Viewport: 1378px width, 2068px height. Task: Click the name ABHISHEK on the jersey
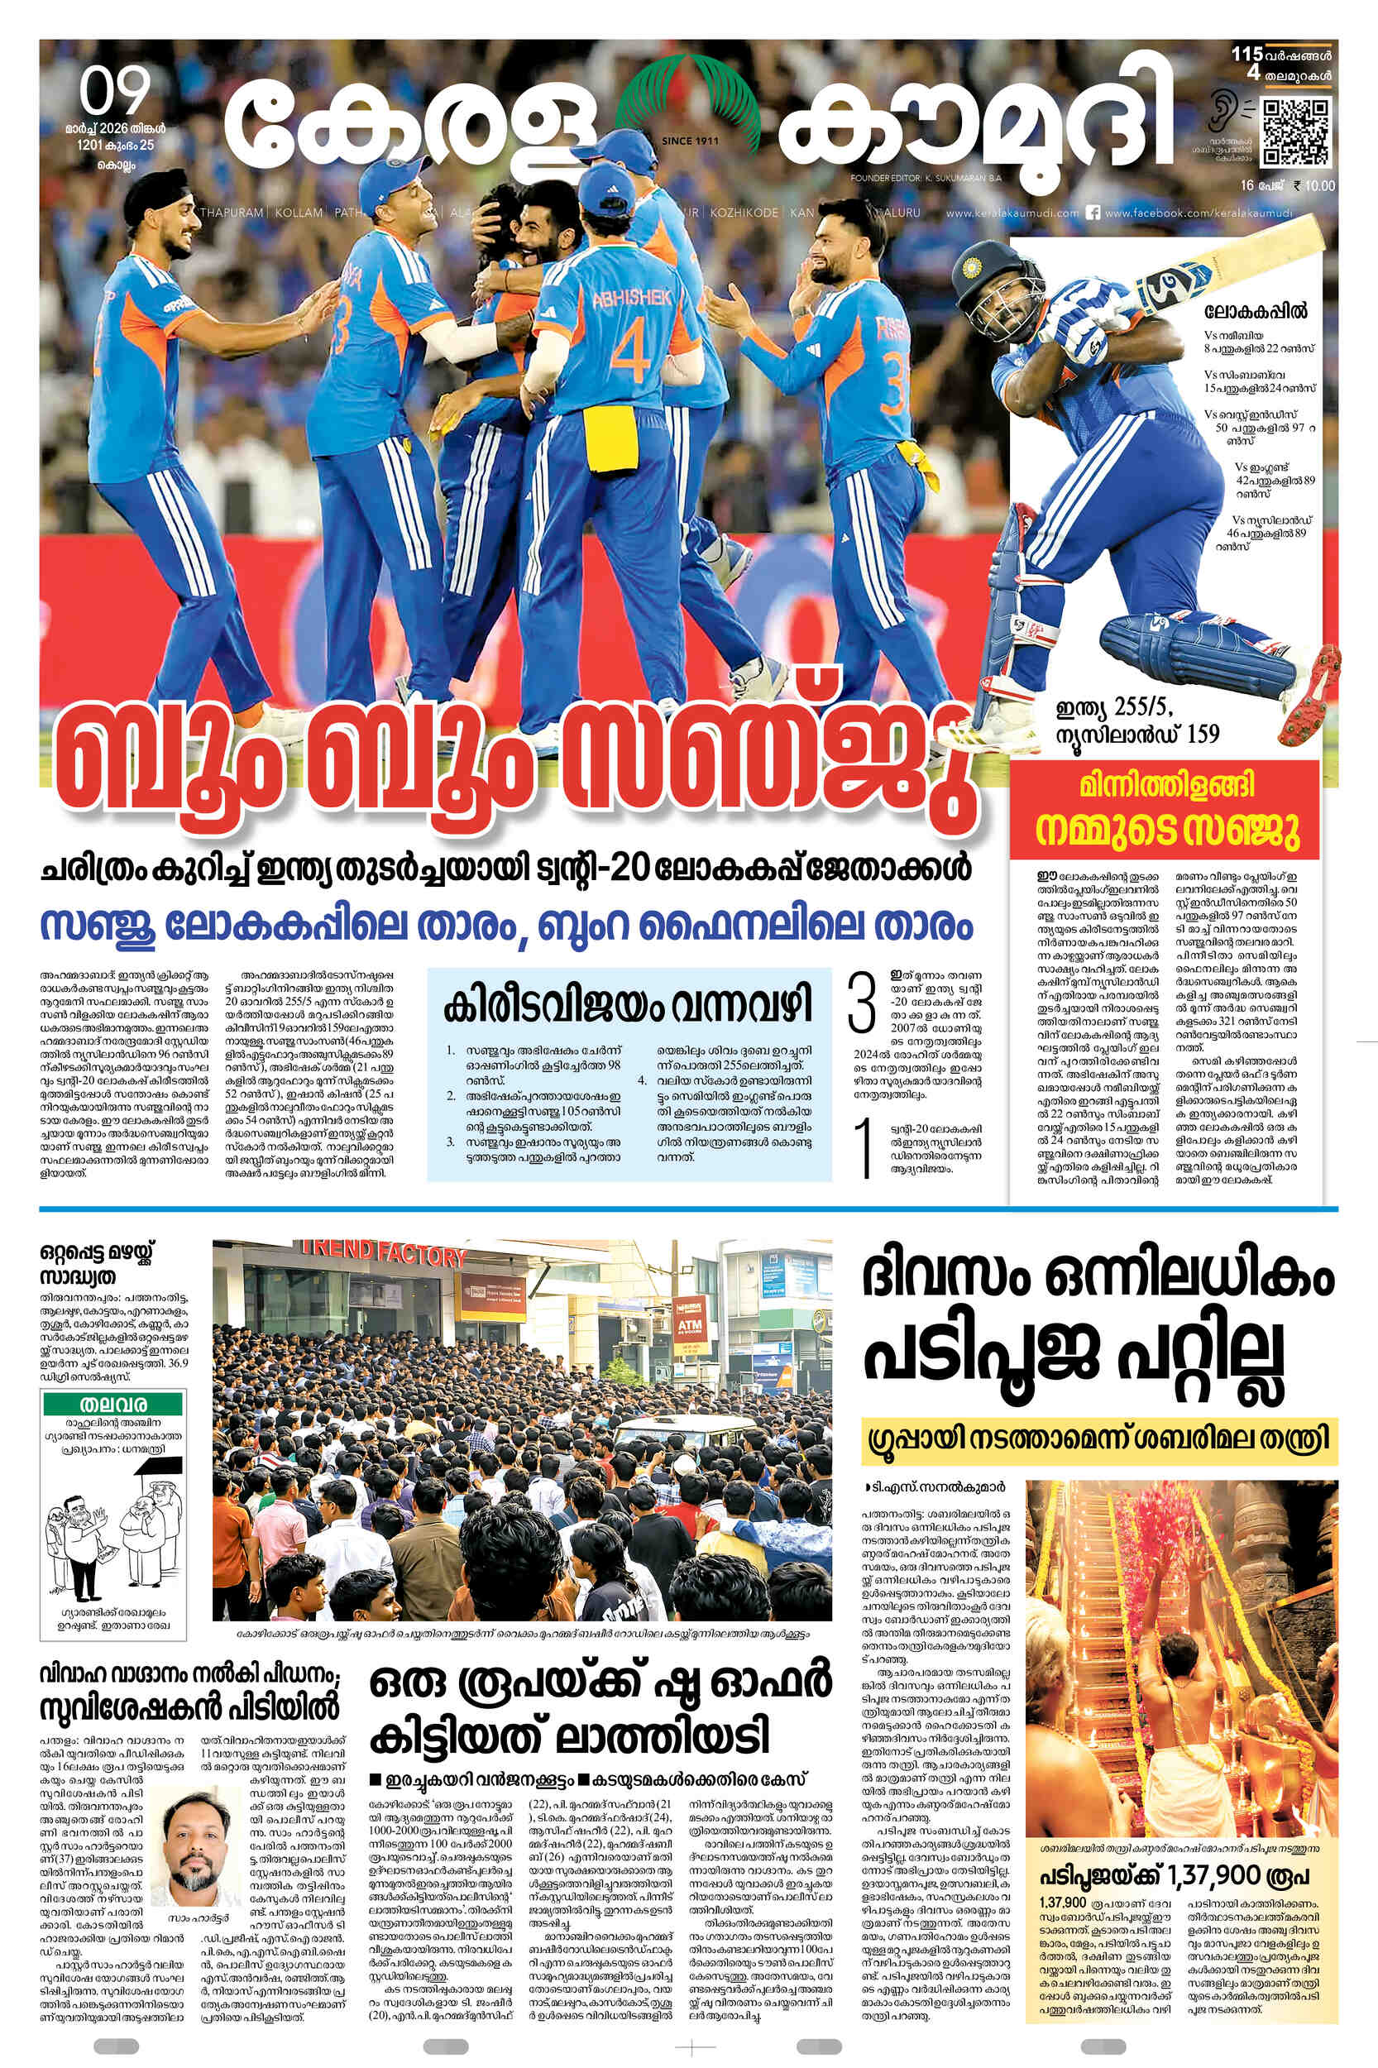click(631, 299)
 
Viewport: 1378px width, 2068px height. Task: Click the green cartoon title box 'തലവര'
click(112, 1404)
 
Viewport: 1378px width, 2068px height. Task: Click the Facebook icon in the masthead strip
click(1094, 212)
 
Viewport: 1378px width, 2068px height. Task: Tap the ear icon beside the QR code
click(1224, 109)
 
